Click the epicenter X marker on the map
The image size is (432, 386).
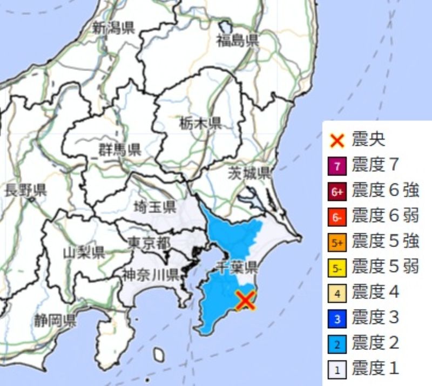point(246,301)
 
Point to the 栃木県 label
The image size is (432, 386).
point(200,124)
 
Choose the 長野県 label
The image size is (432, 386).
point(25,190)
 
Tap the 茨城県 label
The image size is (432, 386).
point(249,173)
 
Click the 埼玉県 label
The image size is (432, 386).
point(155,207)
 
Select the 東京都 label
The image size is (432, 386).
point(150,242)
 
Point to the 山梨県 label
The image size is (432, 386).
point(84,252)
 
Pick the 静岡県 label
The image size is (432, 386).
point(53,322)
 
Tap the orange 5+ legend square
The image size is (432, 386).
point(337,242)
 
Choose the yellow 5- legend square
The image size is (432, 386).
point(337,268)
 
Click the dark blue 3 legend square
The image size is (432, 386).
point(337,319)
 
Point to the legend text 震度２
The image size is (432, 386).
point(375,343)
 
